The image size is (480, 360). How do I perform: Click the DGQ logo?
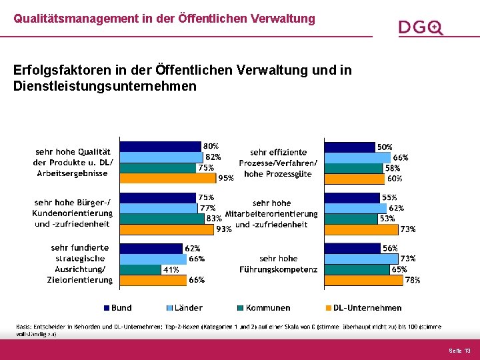tap(420, 27)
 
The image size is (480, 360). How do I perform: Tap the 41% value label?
tap(171, 270)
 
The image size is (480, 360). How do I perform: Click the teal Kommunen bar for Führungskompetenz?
tap(357, 269)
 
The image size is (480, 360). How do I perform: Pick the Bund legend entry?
tap(117, 308)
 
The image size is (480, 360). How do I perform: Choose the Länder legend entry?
tap(184, 308)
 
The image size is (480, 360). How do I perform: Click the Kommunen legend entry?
tap(263, 308)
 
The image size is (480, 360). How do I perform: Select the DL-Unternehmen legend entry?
tap(363, 308)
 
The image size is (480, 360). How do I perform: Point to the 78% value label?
tap(413, 281)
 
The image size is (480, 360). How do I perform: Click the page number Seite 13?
tap(459, 350)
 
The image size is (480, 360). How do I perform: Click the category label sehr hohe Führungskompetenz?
tap(279, 264)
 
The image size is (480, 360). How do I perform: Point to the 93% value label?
tap(224, 229)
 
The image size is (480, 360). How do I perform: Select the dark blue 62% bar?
tap(151, 248)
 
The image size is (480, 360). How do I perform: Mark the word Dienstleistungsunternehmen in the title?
tap(105, 86)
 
